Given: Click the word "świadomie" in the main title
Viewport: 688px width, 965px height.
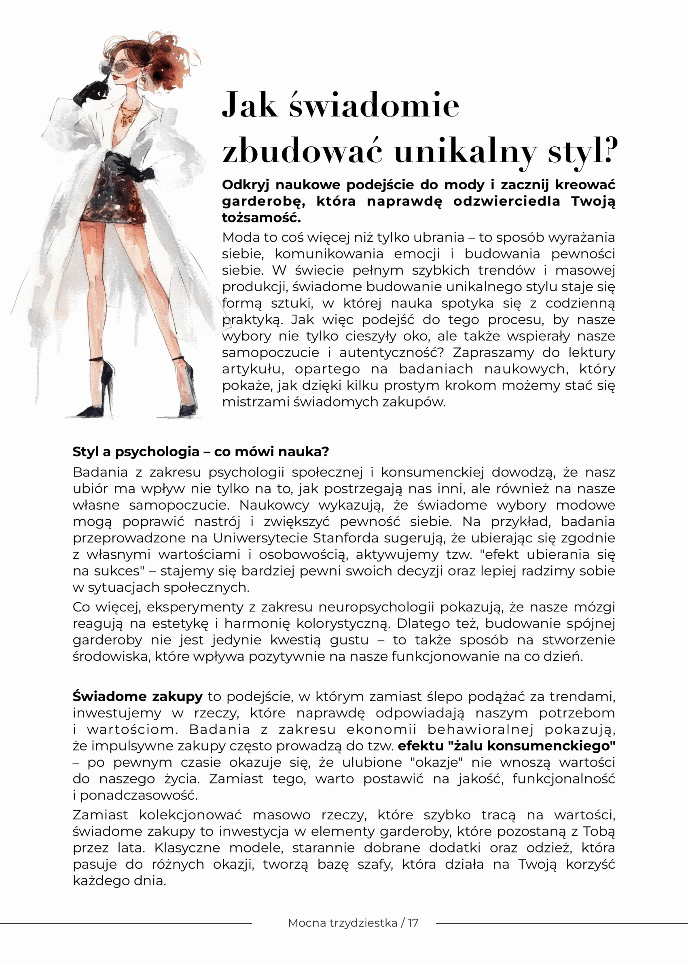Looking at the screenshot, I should tap(374, 105).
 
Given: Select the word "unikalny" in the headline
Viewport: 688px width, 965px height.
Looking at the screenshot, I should tap(465, 152).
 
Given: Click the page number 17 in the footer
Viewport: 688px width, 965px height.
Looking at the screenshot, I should tap(413, 923).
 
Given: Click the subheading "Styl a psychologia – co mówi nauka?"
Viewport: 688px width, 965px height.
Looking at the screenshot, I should tap(200, 452).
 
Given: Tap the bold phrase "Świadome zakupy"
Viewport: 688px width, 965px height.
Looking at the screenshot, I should tap(138, 696).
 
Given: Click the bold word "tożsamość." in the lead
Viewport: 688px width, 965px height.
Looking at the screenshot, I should tap(261, 218).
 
